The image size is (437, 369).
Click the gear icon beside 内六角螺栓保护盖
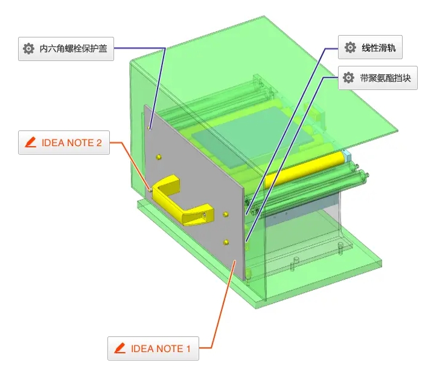28,49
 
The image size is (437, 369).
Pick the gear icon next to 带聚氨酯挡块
348,78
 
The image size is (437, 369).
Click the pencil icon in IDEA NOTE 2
30,143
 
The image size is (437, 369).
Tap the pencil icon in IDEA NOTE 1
120,348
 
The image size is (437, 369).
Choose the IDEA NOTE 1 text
161,348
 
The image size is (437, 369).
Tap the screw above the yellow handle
159,157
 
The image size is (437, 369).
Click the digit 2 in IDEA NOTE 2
98,143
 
